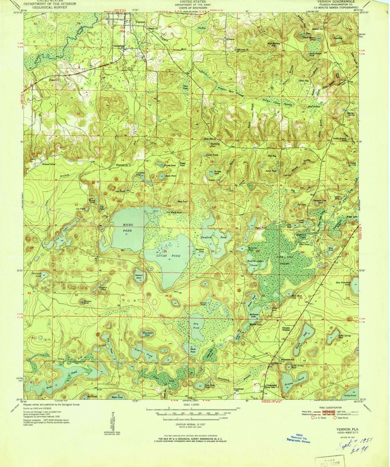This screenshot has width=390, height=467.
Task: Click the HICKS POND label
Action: click(x=127, y=227)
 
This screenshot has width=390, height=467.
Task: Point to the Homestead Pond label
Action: click(x=147, y=334)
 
